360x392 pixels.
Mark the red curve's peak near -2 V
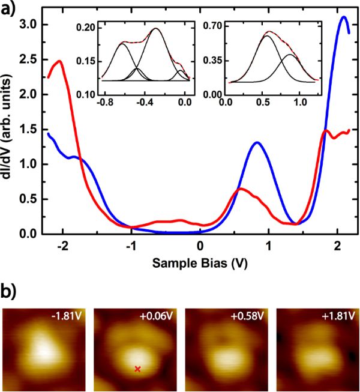[x=60, y=61]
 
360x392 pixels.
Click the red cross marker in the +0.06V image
[x=138, y=369]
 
